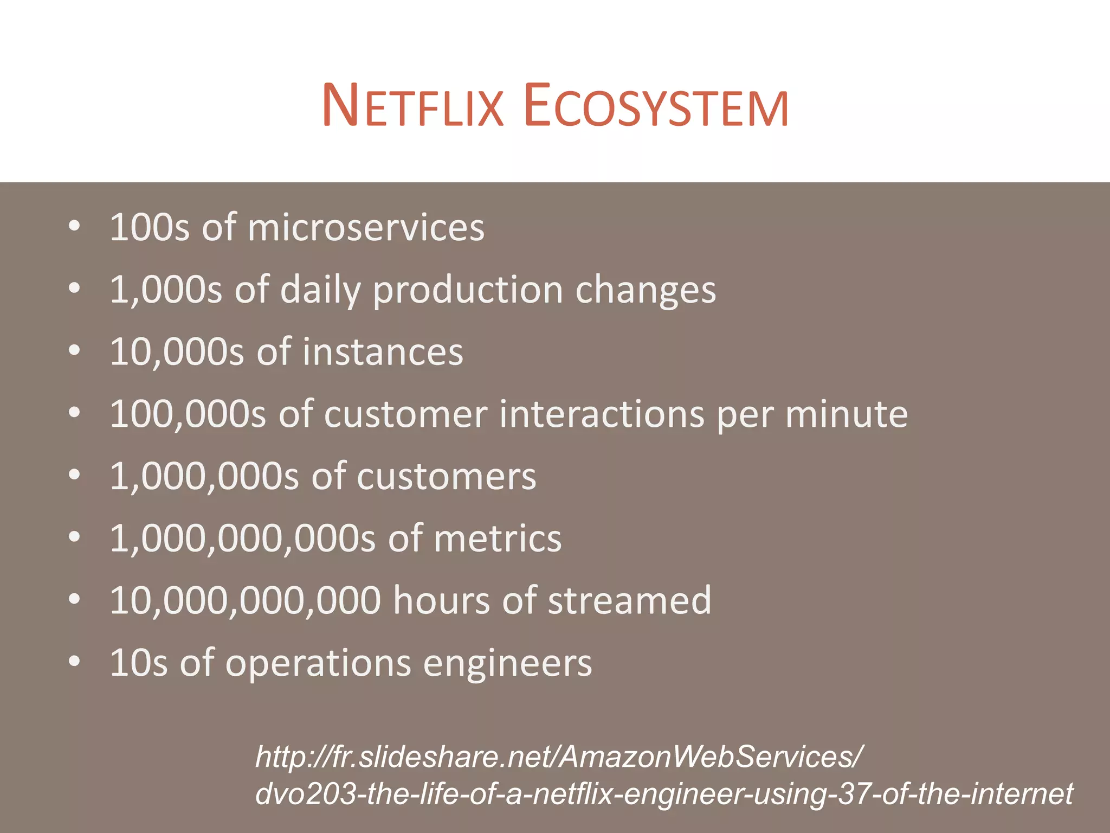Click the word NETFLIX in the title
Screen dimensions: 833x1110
[x=412, y=106]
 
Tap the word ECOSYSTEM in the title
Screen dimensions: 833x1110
[x=656, y=106]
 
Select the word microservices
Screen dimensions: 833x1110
[x=366, y=227]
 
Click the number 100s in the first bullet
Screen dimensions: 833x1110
[x=150, y=227]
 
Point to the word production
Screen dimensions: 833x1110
[x=468, y=290]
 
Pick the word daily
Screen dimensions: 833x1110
[x=320, y=290]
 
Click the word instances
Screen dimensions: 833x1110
[x=383, y=352]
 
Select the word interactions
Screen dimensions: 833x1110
[x=602, y=414]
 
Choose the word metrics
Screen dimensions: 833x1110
[x=498, y=539]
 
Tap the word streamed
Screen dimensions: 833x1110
[x=629, y=601]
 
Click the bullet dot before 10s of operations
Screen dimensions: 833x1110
[x=75, y=661]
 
